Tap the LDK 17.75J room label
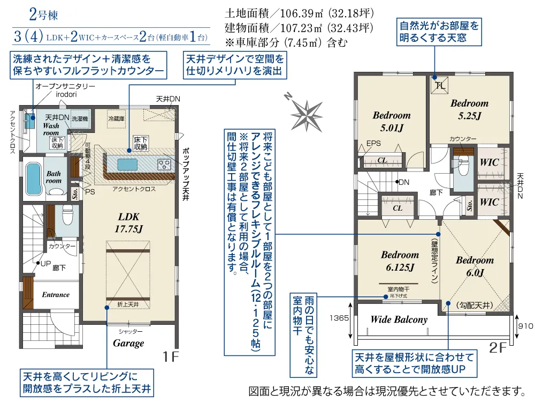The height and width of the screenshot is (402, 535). tap(128, 223)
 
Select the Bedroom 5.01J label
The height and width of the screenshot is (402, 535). tap(392, 121)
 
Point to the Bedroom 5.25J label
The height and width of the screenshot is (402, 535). tap(469, 109)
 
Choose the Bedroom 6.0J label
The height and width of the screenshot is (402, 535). tap(475, 266)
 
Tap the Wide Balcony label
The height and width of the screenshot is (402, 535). tap(399, 319)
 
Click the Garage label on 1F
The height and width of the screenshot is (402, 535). tap(128, 343)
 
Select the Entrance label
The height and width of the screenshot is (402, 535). tap(56, 294)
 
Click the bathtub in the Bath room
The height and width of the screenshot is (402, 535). tap(34, 177)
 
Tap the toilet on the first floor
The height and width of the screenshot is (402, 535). tap(68, 216)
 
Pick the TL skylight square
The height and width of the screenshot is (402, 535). tap(440, 85)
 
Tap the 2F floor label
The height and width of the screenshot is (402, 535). tap(498, 347)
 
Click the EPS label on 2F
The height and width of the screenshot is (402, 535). tap(373, 144)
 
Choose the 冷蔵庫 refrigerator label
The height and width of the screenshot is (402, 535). tap(116, 118)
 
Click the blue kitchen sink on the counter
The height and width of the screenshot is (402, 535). tap(126, 163)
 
